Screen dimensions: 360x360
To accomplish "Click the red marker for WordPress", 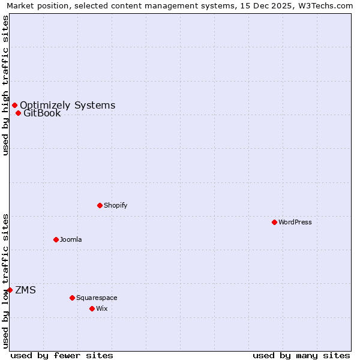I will [274, 222].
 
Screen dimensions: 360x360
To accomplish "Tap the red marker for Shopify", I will [100, 205].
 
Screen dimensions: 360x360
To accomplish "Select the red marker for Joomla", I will [56, 239].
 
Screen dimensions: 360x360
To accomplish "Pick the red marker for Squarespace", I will [72, 298].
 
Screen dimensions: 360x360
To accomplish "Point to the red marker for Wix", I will [92, 308].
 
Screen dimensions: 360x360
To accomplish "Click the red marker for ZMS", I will [10, 290].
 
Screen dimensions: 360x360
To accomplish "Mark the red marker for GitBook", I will [18, 113].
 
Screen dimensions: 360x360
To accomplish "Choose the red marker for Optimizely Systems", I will [14, 105].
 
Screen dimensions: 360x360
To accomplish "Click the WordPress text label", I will [295, 222].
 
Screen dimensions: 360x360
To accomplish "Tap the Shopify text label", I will [115, 205].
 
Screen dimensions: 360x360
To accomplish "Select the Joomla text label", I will [71, 239].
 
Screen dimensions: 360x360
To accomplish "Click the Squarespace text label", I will [97, 298].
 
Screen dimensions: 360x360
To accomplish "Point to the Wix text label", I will [102, 308].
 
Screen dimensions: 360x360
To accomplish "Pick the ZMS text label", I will [25, 290].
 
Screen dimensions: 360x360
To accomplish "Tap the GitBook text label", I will [42, 113].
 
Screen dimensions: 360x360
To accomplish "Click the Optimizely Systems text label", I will [67, 105].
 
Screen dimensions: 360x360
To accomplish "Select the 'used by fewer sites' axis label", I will [62, 355].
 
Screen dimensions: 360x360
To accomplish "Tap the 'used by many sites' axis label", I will [301, 355].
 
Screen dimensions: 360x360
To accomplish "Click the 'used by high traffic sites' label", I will [5, 85].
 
